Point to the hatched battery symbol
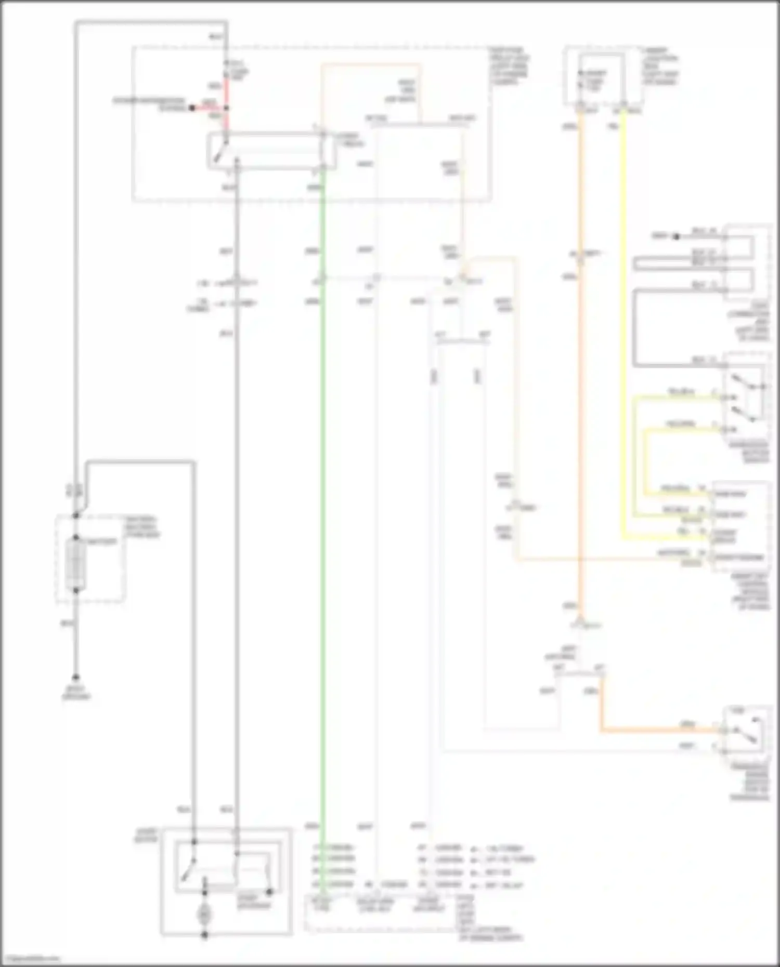[76, 564]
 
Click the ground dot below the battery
[76, 678]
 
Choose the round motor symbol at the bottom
[204, 915]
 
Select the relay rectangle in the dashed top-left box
[271, 151]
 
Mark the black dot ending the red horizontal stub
[192, 108]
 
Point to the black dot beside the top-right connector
[676, 237]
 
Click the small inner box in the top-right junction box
[602, 78]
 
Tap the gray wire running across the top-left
[151, 23]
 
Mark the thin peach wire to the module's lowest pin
[608, 560]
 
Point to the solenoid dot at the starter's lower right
[269, 893]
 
